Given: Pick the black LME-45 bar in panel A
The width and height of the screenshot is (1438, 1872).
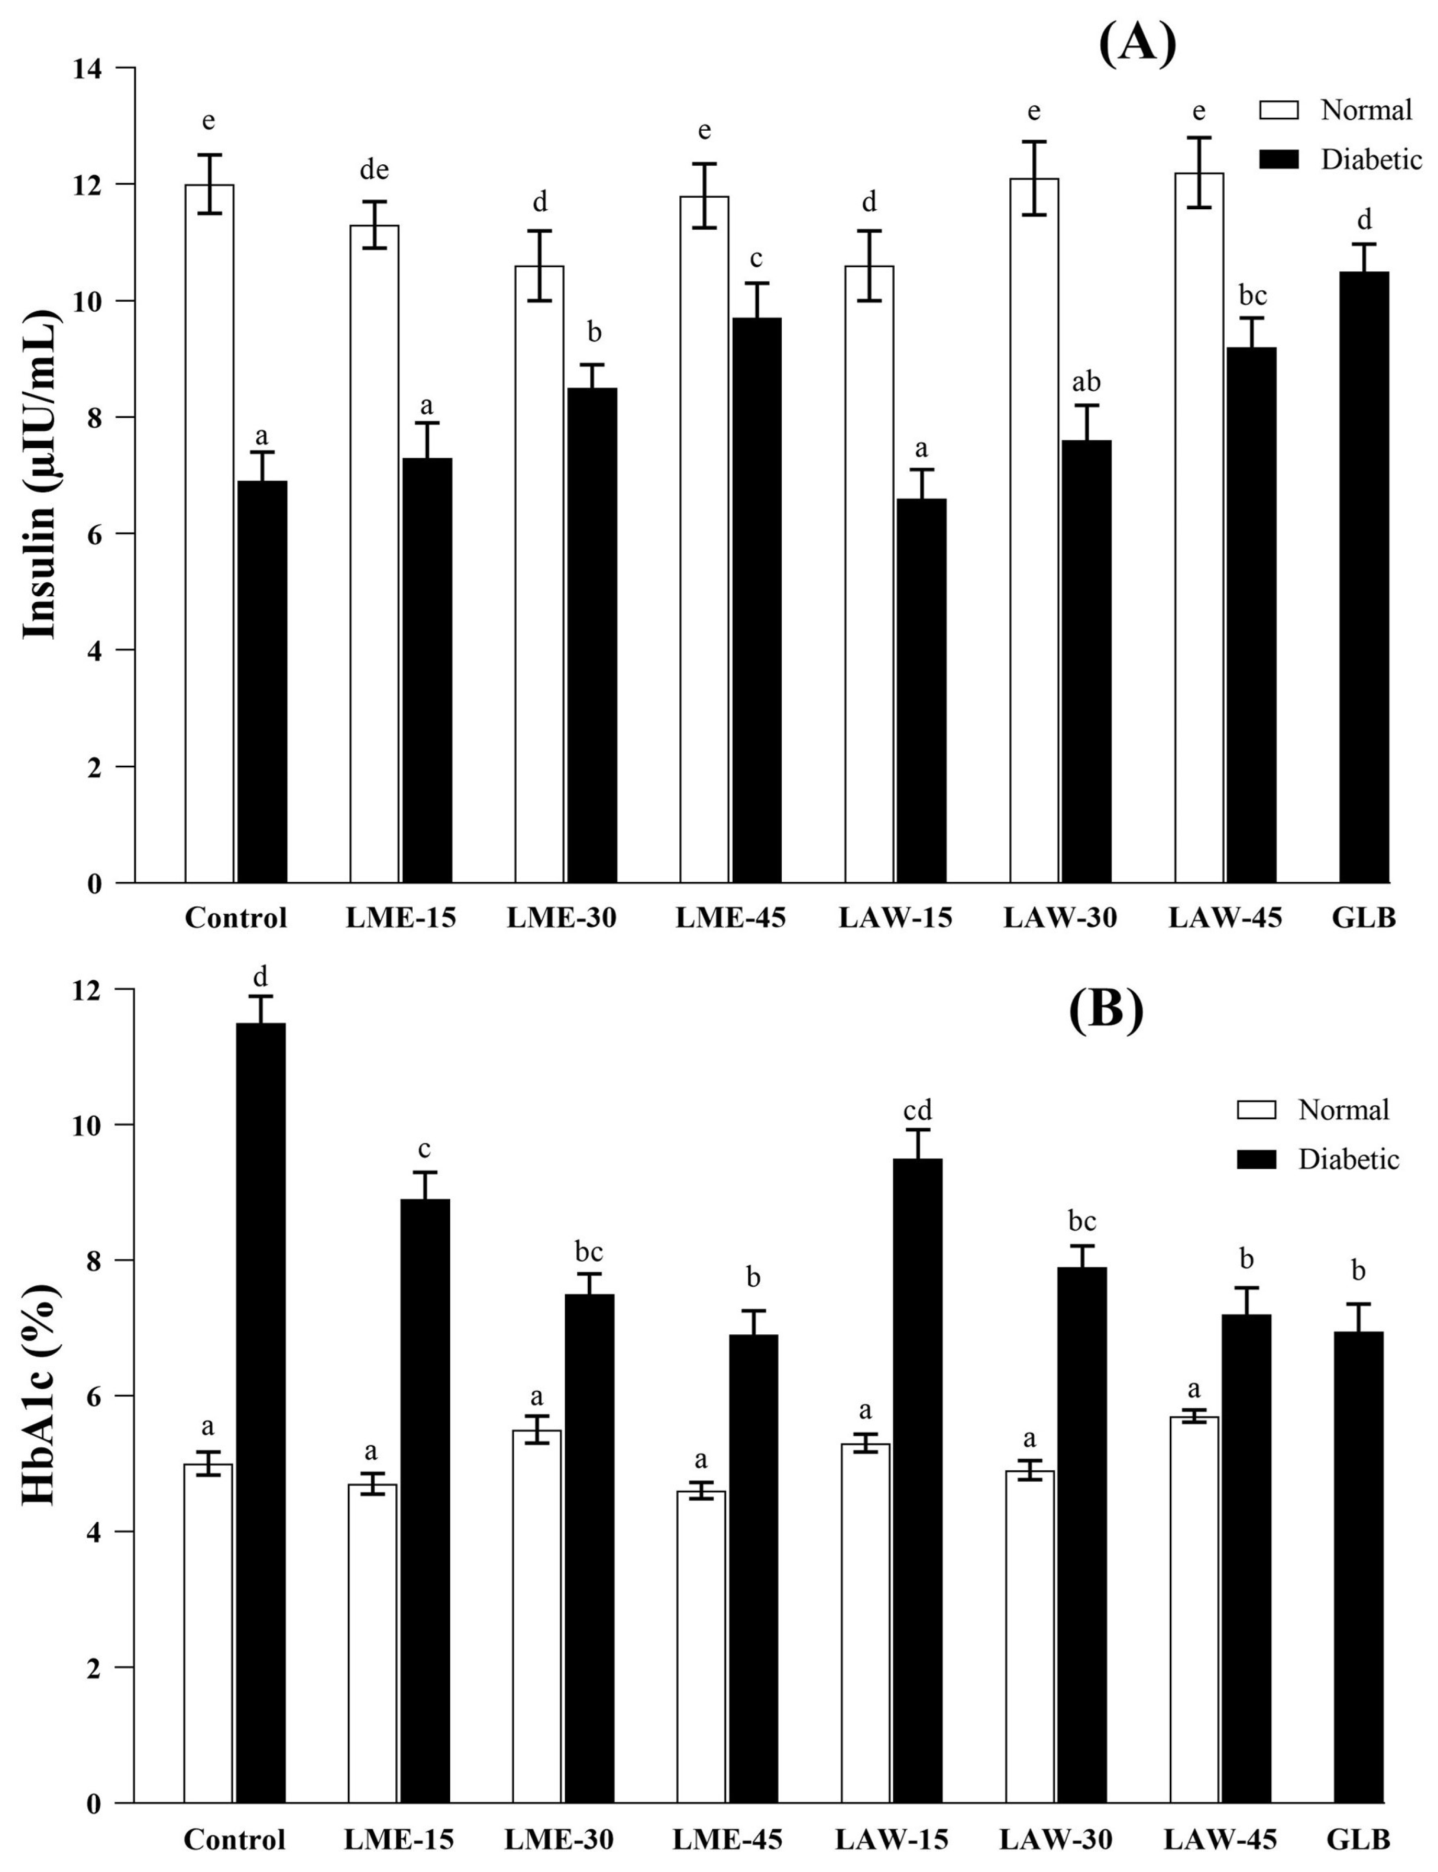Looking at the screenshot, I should tap(756, 600).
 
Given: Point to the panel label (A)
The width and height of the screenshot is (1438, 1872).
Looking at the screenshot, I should tap(1137, 43).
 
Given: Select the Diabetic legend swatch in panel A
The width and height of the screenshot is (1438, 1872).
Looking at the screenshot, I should tap(1279, 159).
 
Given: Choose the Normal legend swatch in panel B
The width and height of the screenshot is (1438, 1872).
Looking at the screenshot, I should tap(1256, 1110).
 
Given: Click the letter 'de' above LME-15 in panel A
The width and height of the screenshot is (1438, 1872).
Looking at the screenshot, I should tap(374, 171).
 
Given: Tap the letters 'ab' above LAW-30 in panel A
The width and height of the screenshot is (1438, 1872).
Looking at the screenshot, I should tap(1086, 382).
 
